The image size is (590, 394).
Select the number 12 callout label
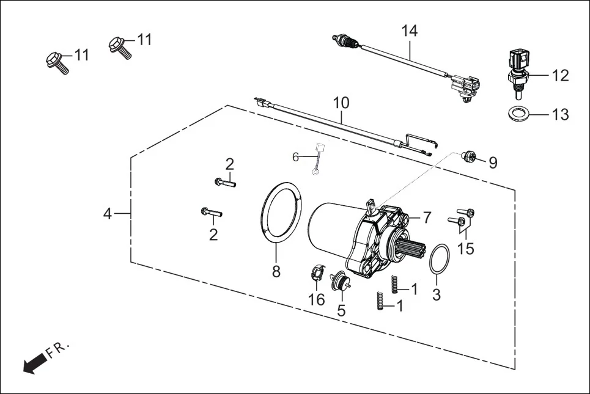coord(559,75)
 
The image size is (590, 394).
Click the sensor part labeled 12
coord(517,70)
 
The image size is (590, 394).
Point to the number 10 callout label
coord(341,103)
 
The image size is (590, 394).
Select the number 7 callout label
coord(426,217)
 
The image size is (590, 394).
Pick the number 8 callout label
coord(276,271)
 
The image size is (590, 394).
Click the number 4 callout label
coord(108,214)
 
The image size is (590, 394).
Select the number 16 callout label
coord(317,299)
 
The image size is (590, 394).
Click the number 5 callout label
coord(341,310)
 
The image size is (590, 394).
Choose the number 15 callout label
coord(466,249)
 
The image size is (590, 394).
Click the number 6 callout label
coord(295,157)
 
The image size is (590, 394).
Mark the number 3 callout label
coord(436,294)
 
